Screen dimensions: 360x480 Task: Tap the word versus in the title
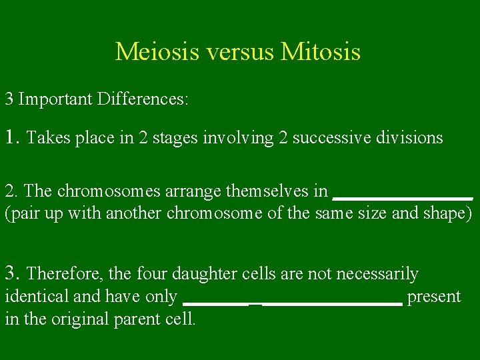click(x=237, y=51)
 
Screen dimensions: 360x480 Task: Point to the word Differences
click(x=143, y=100)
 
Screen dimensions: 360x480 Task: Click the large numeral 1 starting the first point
click(x=10, y=137)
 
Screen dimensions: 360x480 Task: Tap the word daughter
click(x=201, y=274)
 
